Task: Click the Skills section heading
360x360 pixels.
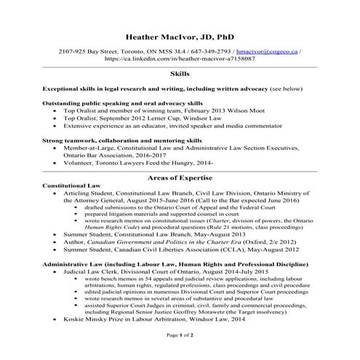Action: coord(180,74)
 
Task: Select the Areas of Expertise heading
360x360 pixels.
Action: coord(180,178)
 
